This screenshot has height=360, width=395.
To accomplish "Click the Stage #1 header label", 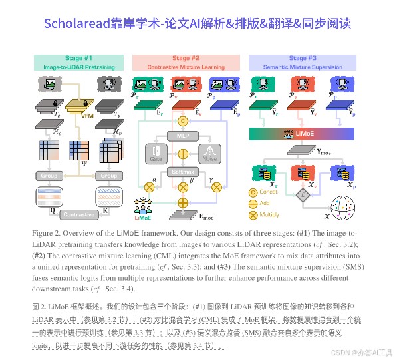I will [x=78, y=59].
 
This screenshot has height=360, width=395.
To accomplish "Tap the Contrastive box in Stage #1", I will [x=79, y=215].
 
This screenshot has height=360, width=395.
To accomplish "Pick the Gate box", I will [x=158, y=154].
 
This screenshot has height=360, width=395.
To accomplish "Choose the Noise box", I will [x=211, y=154].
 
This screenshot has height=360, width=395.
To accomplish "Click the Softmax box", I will [x=183, y=171].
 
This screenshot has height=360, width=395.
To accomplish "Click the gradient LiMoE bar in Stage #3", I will [x=304, y=134].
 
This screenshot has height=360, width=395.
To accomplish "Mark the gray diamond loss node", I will [x=303, y=195].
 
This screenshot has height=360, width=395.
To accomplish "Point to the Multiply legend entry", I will [x=265, y=215].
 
